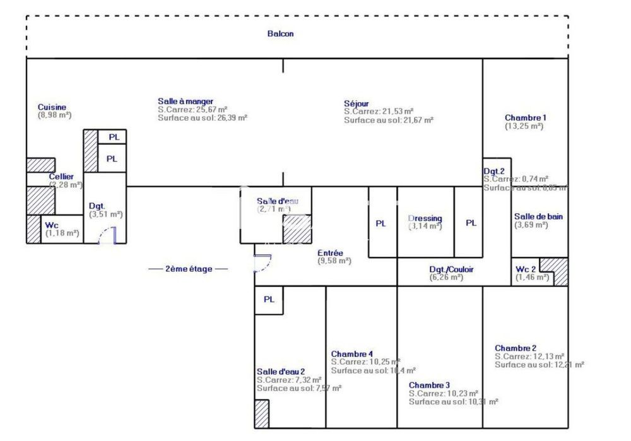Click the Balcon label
point(280,34)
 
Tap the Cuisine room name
point(52,107)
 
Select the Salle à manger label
point(185,101)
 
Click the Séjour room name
point(357,103)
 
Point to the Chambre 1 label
point(525,118)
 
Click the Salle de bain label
point(538,216)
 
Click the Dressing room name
point(425,218)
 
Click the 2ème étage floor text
point(188,269)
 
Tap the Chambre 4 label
point(352,353)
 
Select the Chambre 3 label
point(429,385)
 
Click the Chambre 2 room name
point(516,348)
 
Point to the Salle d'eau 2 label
point(281,372)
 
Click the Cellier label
point(62,177)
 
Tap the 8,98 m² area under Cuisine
point(55,115)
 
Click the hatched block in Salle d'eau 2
point(262,414)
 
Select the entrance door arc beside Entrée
point(264,262)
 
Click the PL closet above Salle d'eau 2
point(269,300)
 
